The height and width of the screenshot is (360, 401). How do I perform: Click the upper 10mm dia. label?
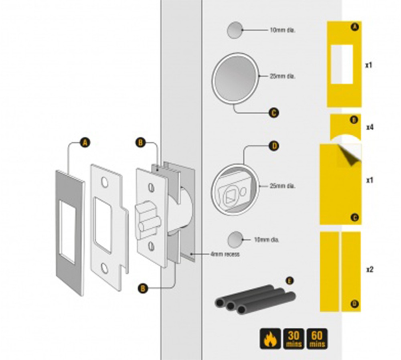click(282, 30)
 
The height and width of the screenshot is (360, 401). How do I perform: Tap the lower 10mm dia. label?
click(267, 240)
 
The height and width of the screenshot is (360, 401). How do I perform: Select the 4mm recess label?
click(225, 254)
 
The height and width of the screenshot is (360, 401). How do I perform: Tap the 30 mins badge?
click(293, 339)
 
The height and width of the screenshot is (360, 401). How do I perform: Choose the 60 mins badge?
click(317, 339)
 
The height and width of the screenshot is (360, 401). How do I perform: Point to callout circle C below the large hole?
click(273, 113)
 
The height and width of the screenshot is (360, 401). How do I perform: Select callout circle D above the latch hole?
click(275, 146)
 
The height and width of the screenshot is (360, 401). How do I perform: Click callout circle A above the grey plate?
click(85, 142)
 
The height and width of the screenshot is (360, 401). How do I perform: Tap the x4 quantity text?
click(370, 127)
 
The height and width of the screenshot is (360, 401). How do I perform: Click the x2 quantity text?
click(370, 269)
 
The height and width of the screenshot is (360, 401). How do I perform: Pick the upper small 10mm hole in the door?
click(235, 30)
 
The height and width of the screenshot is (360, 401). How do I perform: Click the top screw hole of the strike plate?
click(104, 182)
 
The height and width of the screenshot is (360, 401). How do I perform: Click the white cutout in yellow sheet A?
click(342, 64)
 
